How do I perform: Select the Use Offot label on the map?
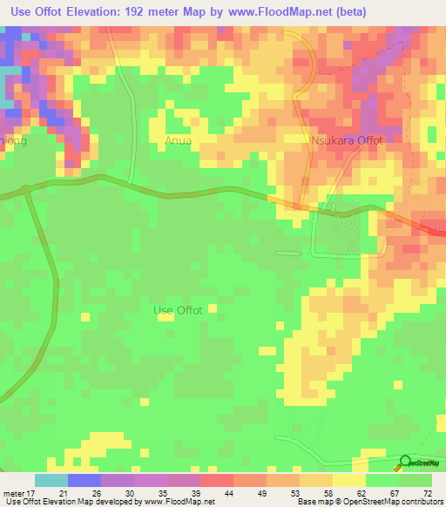(178, 310)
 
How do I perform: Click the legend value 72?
(427, 493)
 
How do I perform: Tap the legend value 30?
(118, 493)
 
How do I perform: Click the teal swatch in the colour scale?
(51, 480)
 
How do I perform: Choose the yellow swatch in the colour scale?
(348, 480)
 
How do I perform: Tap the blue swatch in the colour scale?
(84, 480)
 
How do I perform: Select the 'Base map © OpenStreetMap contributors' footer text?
(368, 502)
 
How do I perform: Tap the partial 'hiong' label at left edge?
(13, 139)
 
